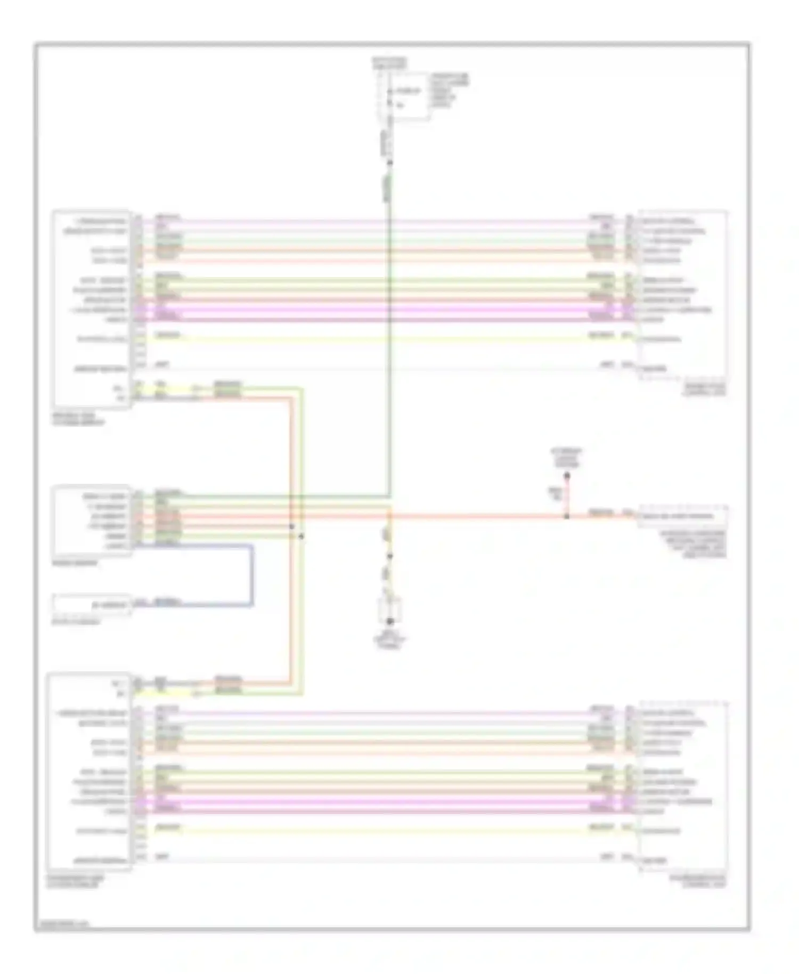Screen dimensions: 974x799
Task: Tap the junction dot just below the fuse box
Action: (x=389, y=162)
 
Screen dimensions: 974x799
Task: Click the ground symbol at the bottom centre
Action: (x=389, y=621)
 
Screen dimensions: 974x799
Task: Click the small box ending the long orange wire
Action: (x=683, y=516)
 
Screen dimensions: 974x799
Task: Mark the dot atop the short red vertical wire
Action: (x=567, y=475)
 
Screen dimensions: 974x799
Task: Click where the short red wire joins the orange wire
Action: (x=567, y=516)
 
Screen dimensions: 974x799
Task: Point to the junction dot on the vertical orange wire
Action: (x=291, y=526)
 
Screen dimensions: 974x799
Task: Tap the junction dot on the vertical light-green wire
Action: (x=301, y=536)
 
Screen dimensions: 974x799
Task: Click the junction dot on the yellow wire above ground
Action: (x=389, y=556)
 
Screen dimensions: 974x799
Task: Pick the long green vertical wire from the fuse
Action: (x=389, y=330)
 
